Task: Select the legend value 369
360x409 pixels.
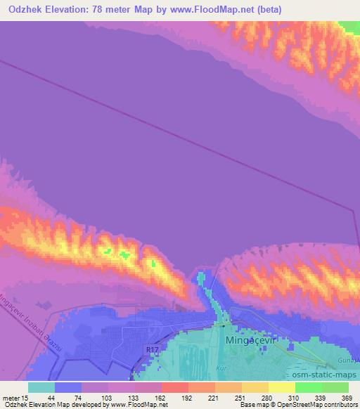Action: point(345,397)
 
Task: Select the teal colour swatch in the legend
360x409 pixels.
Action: point(41,387)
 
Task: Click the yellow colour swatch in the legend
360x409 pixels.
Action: point(281,387)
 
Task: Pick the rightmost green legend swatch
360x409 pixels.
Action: point(335,387)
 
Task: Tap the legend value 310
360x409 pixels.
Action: point(294,397)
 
